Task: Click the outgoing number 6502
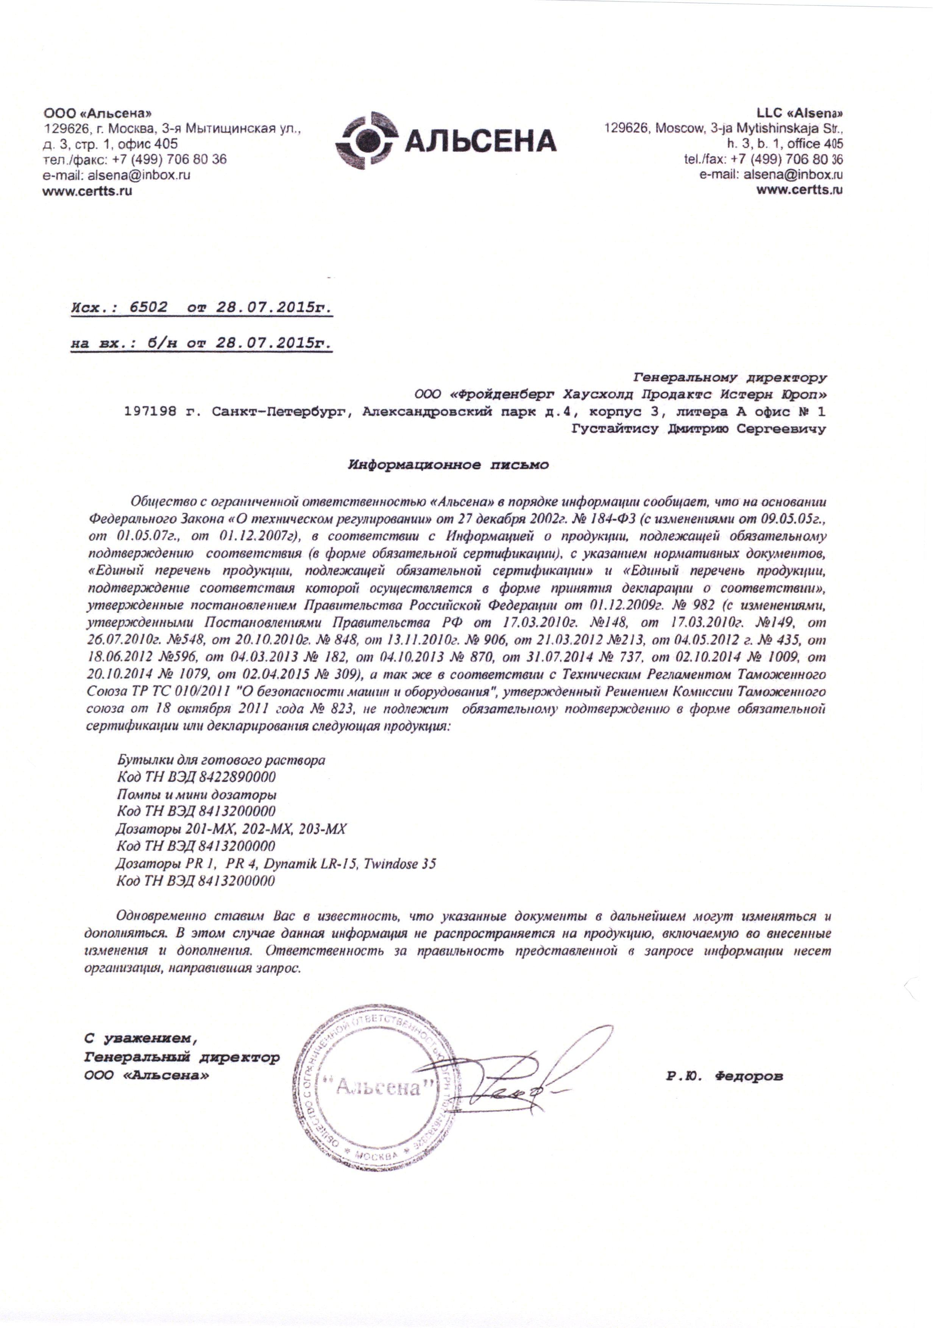(x=148, y=308)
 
